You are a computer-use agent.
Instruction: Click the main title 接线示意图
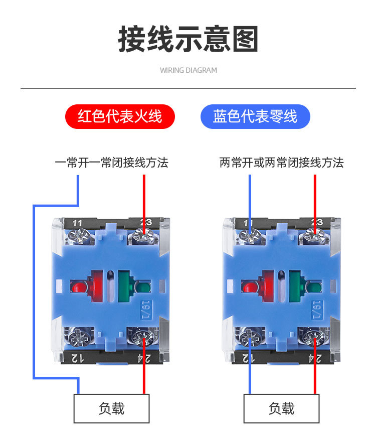[188, 39]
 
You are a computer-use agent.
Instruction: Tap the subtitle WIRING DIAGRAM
[189, 70]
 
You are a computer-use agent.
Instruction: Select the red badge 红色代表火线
[120, 116]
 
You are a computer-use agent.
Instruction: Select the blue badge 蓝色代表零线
[255, 116]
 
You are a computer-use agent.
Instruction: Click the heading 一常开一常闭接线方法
[112, 163]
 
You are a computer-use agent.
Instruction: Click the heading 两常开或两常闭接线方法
[282, 163]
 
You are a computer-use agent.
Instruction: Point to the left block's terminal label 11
[77, 223]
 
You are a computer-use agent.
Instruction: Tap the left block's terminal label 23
[146, 222]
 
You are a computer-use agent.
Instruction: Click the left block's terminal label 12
[77, 358]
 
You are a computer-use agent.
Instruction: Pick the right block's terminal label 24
[315, 358]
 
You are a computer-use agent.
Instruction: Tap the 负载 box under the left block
[111, 408]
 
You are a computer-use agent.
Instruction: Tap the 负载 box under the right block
[281, 408]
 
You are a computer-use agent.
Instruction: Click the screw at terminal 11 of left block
[79, 237]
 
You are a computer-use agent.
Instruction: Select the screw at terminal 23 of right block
[314, 236]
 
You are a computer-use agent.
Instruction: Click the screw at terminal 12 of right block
[249, 337]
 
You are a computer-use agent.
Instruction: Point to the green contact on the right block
[305, 286]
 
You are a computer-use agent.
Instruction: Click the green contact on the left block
[134, 286]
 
